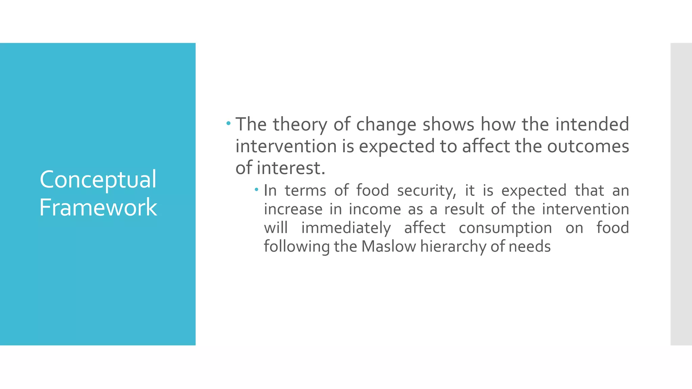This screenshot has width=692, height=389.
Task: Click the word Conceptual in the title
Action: coord(98,180)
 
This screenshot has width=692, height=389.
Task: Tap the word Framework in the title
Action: coord(98,207)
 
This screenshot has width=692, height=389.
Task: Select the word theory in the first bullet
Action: coord(300,125)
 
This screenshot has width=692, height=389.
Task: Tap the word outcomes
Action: coord(588,146)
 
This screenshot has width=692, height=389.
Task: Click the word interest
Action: coord(291,168)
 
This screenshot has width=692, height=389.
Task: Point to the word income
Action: coord(375,209)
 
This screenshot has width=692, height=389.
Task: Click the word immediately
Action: coord(346,228)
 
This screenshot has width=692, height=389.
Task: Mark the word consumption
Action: coord(505,228)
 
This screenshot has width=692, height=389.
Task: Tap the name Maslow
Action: coord(389,246)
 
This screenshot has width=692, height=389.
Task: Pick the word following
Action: coord(297,247)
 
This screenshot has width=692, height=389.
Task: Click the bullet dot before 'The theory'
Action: coord(229,124)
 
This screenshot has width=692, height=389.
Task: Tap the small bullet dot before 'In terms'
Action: coord(257,190)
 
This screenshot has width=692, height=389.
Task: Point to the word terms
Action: coord(305,191)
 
